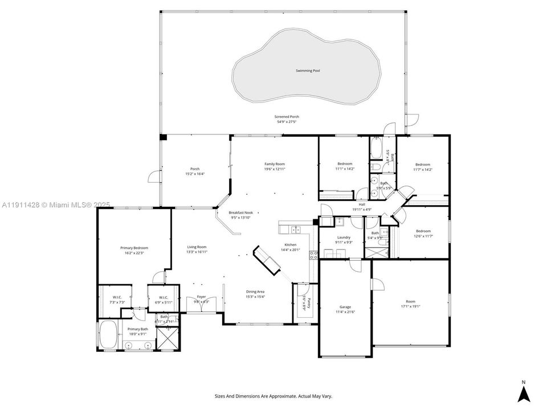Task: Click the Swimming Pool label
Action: coord(308,71)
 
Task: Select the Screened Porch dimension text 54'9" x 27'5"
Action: coord(288,122)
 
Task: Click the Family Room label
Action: coord(274,164)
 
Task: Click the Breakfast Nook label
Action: coord(240,212)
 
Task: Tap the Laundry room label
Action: coord(343,237)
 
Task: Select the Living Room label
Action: coord(197,247)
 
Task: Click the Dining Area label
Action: coord(255,291)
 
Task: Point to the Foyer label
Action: coord(201,297)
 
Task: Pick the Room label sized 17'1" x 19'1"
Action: coord(410,301)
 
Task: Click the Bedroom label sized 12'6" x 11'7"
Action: coord(423,231)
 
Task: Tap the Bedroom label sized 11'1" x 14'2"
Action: coord(344,164)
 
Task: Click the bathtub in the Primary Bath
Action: coord(108,335)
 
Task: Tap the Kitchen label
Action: coord(291,245)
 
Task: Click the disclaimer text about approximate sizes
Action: coord(273,396)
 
